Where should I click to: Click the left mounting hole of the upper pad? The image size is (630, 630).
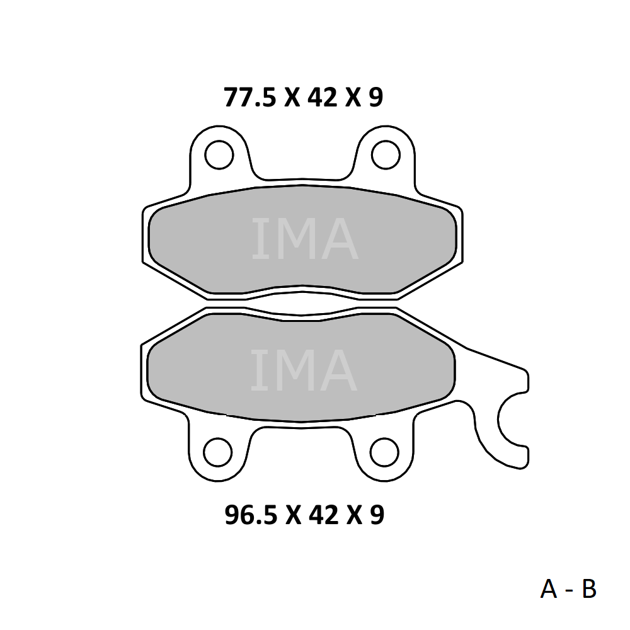[x=219, y=155]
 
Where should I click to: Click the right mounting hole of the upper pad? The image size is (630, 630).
[x=386, y=155]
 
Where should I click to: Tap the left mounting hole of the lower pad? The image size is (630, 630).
[x=218, y=452]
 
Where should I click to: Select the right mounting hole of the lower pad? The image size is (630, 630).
[x=384, y=452]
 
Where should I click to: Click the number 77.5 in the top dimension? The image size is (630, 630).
[x=250, y=98]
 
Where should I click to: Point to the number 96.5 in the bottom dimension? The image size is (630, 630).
[x=251, y=515]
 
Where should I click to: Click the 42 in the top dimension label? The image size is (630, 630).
[x=322, y=98]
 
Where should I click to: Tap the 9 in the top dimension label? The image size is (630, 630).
[x=375, y=98]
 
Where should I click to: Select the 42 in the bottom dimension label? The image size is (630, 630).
[x=323, y=515]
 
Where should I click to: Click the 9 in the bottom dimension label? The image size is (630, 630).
[x=377, y=515]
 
